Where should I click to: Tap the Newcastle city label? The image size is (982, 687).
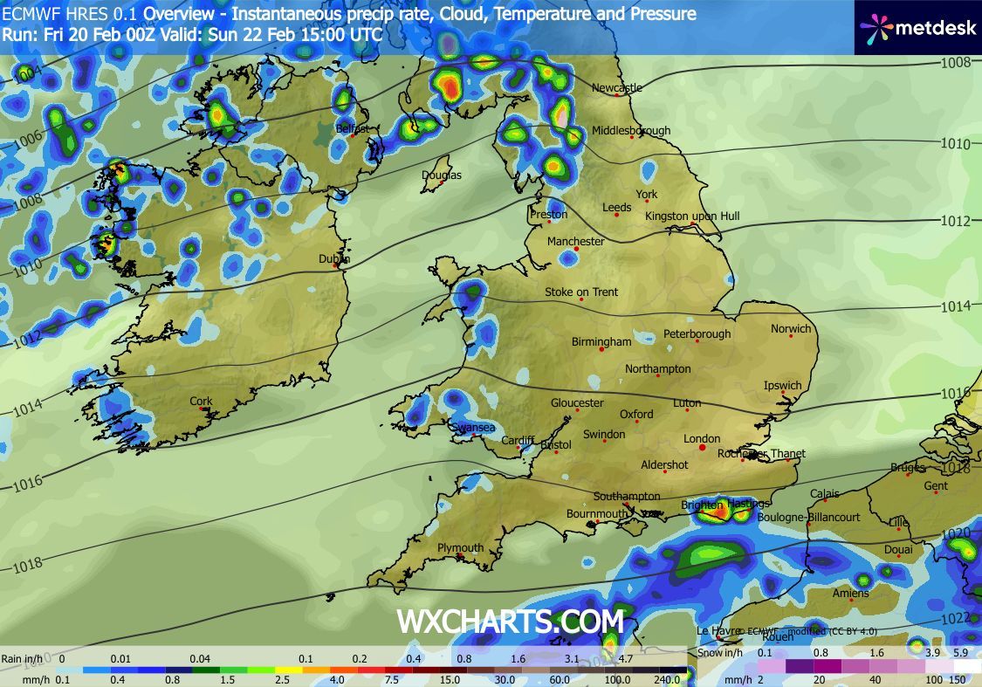point(616,87)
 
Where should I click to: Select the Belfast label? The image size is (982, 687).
point(353,129)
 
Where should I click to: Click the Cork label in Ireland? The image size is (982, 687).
point(201,402)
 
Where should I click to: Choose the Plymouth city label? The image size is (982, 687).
point(460,548)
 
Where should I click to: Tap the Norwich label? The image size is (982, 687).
point(791,329)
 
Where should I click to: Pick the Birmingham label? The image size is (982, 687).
point(601,342)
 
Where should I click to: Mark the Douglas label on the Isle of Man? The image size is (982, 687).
point(442,175)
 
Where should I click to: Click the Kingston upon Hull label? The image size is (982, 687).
point(692,216)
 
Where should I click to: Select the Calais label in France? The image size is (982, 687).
point(825,494)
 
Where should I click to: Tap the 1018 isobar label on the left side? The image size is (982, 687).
point(27,566)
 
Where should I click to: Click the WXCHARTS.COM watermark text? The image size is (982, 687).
point(511,622)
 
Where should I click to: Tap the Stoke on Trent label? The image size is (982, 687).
point(581,292)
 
